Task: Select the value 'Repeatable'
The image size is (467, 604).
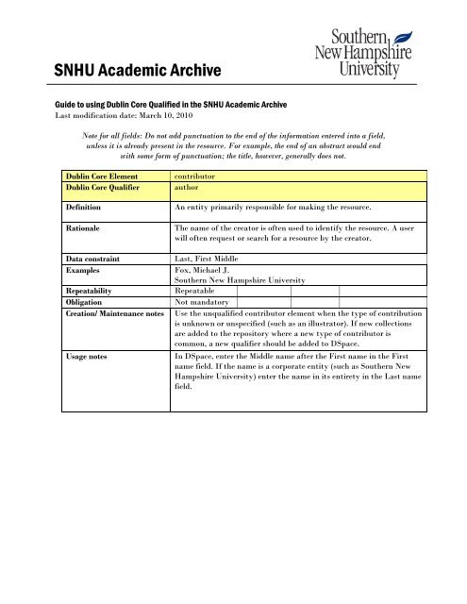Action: point(200,292)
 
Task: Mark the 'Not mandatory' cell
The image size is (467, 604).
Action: point(206,303)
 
